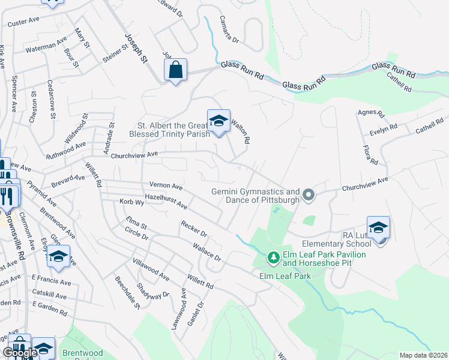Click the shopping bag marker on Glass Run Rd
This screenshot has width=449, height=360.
pos(175,70)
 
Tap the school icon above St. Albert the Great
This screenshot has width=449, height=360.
pos(219,122)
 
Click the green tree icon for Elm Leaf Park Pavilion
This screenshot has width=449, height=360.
pos(274,258)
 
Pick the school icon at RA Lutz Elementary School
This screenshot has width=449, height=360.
pos(379,229)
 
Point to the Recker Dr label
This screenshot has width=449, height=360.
pos(194,228)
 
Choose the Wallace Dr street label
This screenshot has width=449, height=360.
pos(207,252)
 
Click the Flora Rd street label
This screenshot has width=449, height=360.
pos(370,155)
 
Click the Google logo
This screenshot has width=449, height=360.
pos(20,352)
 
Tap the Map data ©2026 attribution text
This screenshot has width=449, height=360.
pos(423,355)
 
